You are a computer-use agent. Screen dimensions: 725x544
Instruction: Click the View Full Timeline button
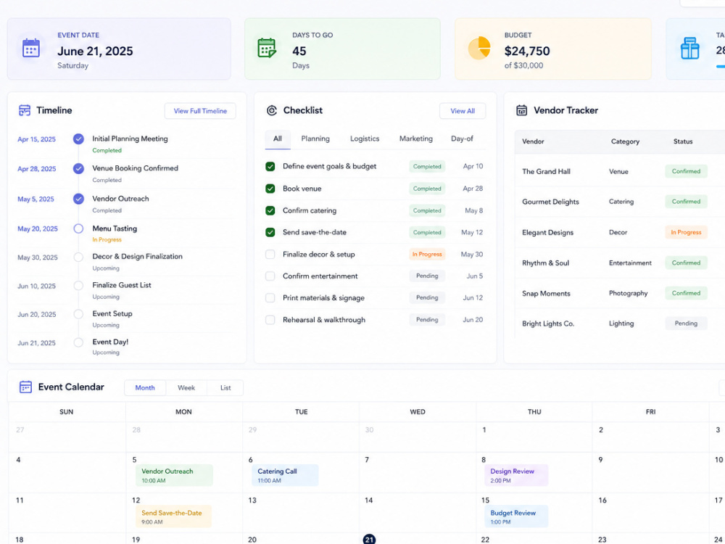click(x=200, y=111)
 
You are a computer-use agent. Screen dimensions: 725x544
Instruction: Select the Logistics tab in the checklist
click(x=365, y=139)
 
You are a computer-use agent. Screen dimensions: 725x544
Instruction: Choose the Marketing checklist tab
click(x=415, y=139)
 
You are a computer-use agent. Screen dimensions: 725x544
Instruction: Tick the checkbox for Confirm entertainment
click(x=270, y=276)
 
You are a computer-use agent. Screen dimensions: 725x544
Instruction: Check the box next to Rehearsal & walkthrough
click(x=270, y=320)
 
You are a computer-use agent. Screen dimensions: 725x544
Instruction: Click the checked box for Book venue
click(x=270, y=189)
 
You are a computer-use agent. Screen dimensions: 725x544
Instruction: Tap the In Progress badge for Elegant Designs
click(x=686, y=232)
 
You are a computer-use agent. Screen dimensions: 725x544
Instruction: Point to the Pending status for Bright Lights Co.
click(x=686, y=323)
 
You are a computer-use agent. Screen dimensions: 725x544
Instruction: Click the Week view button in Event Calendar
click(x=186, y=387)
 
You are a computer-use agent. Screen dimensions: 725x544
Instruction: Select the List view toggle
click(x=225, y=387)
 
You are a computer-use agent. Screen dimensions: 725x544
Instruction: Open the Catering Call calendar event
click(x=285, y=476)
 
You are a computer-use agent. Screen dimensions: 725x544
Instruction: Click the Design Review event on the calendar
click(x=516, y=476)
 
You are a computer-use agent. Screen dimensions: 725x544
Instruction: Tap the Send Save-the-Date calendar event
click(x=173, y=516)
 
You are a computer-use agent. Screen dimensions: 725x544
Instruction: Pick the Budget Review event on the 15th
click(x=516, y=516)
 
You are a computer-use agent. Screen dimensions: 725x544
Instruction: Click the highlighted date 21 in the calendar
click(x=369, y=540)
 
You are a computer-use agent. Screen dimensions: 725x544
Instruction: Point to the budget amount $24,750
click(x=527, y=51)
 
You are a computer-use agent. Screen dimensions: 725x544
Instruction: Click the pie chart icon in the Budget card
click(x=479, y=48)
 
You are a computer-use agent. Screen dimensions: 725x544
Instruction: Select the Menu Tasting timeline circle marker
click(x=78, y=228)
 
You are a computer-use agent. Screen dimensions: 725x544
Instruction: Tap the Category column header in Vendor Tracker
click(x=625, y=141)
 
